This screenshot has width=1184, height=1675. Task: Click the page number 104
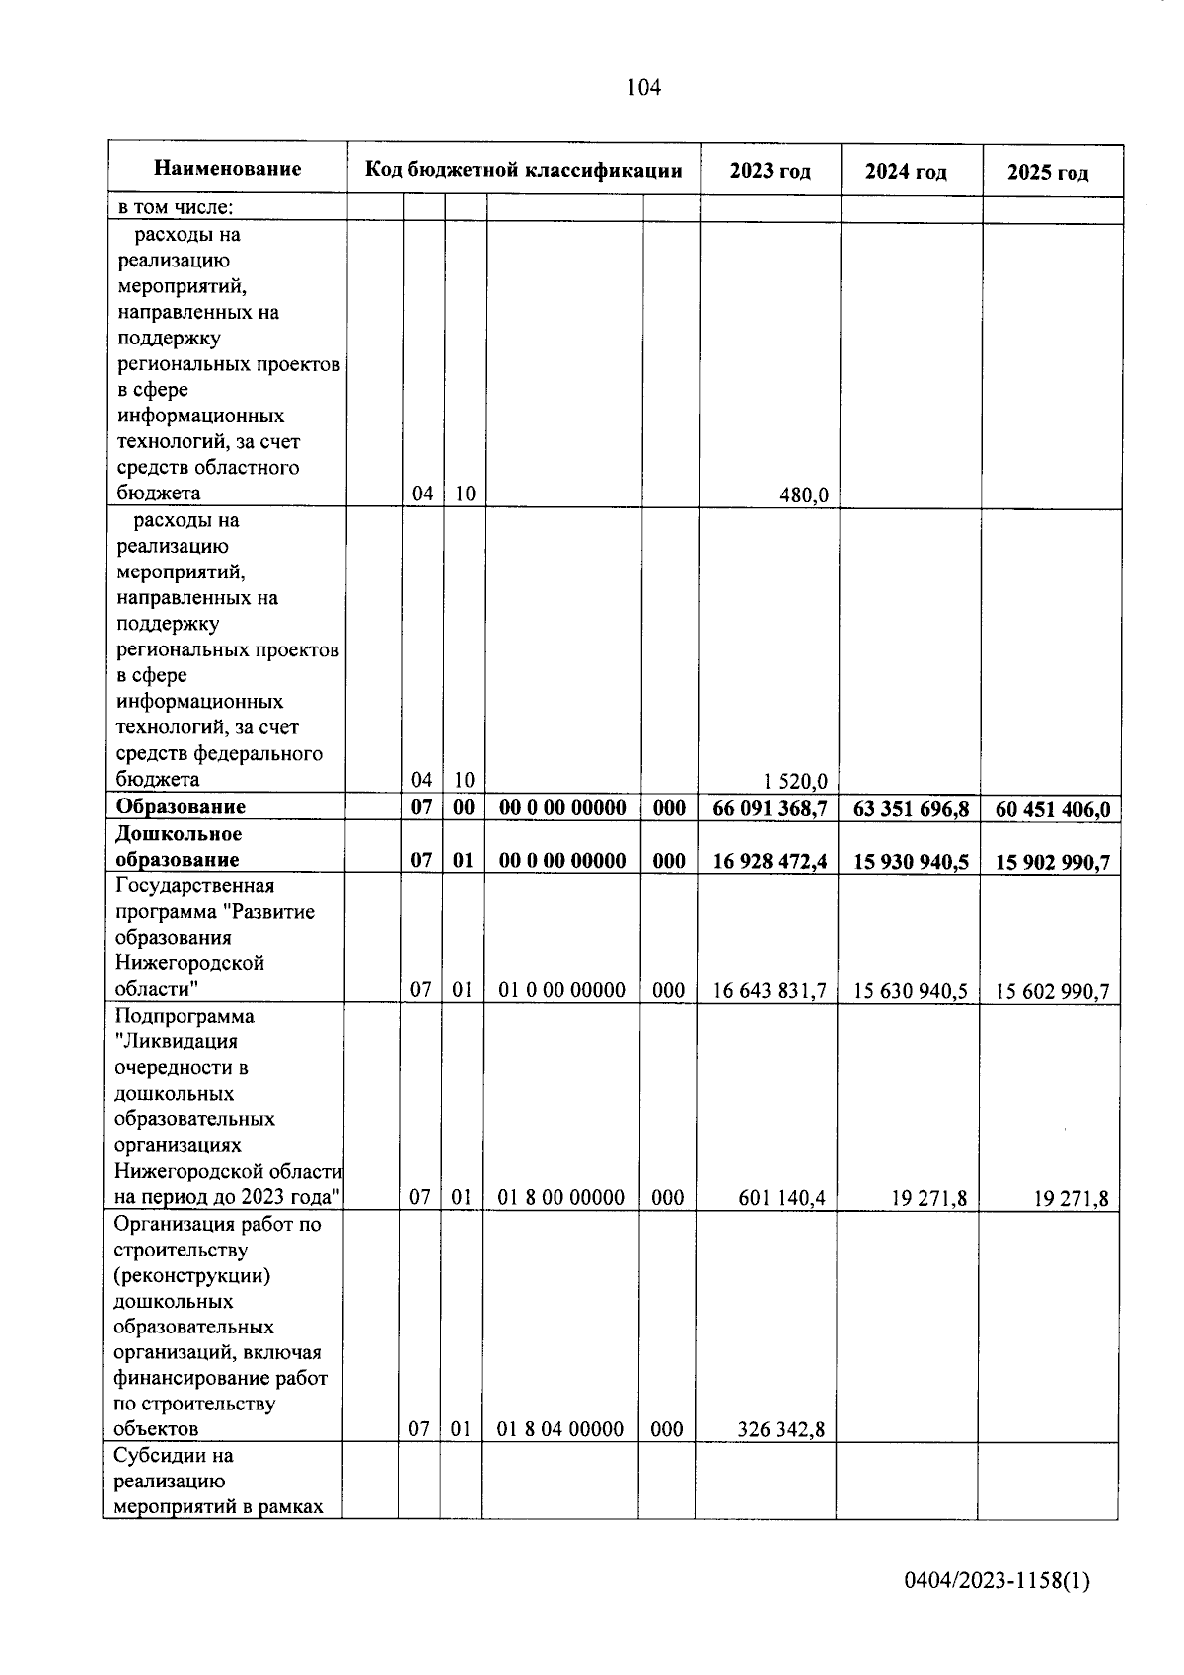643,88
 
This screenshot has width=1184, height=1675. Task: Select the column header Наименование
227,169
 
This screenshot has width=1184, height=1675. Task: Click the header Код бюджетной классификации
523,170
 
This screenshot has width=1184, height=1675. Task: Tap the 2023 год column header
770,171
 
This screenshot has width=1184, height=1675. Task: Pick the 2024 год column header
906,172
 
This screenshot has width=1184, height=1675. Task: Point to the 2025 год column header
1048,173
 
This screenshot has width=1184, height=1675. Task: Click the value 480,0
803,495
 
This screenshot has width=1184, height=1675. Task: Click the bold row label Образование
181,806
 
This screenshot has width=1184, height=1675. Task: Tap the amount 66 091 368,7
770,809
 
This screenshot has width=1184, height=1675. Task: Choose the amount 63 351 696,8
911,810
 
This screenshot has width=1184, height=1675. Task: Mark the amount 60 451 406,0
1052,811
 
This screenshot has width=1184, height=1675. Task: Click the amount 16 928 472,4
770,861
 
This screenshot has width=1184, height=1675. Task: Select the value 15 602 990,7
1052,992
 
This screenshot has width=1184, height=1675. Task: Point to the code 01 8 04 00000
559,1429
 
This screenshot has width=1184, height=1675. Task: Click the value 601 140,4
781,1199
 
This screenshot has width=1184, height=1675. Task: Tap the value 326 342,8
781,1430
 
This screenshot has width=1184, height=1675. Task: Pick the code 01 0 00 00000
561,990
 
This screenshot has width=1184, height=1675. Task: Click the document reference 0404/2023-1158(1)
997,1581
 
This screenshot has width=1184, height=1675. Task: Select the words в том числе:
175,208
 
